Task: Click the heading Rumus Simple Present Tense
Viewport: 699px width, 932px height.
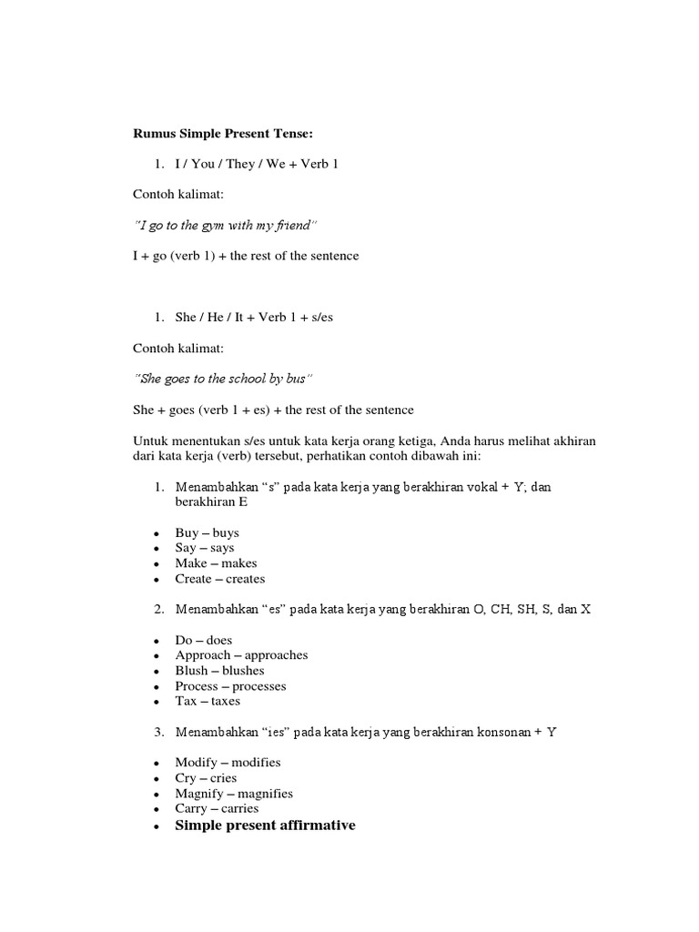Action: [223, 134]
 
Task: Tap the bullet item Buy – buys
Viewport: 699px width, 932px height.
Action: [208, 532]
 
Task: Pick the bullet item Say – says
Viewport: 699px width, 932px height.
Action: [205, 548]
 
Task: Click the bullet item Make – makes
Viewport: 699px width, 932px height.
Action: [217, 563]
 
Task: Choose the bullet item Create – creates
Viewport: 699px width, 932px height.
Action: [220, 579]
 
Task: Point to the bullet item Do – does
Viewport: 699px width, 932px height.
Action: [204, 640]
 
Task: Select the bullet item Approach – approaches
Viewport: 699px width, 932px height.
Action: [241, 655]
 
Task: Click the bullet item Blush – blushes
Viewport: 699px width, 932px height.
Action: [221, 671]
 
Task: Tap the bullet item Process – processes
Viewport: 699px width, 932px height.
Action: [230, 686]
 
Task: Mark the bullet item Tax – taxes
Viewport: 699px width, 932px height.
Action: [208, 702]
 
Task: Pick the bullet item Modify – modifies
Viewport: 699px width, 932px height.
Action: [228, 763]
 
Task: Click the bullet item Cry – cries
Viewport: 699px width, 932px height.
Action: [206, 778]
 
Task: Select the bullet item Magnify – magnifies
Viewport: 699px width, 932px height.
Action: [234, 794]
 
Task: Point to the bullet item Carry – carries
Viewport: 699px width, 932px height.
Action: [217, 808]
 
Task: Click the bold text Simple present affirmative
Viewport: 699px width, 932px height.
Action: [265, 826]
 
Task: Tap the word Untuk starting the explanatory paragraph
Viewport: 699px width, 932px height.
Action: [150, 441]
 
